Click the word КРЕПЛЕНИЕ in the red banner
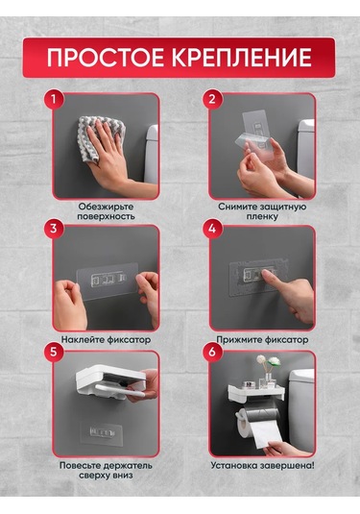pos(242,58)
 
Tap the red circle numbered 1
pos(53,98)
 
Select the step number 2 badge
pos(212,98)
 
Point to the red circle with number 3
pos(53,228)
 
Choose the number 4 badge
pos(212,228)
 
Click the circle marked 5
pos(53,352)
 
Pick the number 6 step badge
pos(212,352)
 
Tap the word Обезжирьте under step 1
pos(107,207)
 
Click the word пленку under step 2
pos(262,217)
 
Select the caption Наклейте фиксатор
pos(107,339)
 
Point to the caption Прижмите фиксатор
pos(262,339)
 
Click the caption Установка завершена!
pos(262,466)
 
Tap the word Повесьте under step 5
pos(80,466)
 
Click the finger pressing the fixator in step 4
pos(272,279)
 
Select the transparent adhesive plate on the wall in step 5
pos(102,433)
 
